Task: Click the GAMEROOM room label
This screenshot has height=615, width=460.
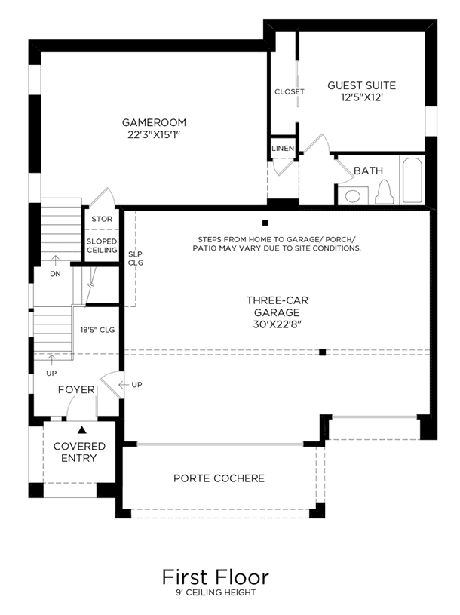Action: click(154, 122)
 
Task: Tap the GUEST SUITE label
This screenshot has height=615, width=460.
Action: click(362, 85)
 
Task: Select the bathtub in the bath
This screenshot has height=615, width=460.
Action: click(412, 180)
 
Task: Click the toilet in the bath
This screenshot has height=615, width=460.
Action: click(384, 192)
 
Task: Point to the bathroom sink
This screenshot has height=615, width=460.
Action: click(353, 195)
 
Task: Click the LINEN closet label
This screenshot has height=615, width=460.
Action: click(283, 148)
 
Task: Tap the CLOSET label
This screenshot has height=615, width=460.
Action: click(289, 91)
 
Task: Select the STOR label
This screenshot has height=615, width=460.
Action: click(102, 219)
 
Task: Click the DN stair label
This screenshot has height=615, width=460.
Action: click(55, 274)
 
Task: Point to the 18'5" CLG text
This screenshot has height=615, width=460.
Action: click(97, 330)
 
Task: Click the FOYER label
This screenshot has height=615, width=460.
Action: click(76, 389)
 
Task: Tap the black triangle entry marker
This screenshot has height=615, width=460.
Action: click(81, 430)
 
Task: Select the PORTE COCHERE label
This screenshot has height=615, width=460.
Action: click(219, 478)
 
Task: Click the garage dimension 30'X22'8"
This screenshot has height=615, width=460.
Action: click(277, 324)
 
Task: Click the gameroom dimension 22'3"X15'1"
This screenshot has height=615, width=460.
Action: click(154, 134)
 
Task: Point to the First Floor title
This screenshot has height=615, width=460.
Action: click(216, 577)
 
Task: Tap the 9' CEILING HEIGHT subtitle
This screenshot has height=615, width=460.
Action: click(216, 592)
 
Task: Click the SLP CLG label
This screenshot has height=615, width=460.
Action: click(136, 259)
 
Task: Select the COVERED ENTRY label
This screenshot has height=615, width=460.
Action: click(79, 452)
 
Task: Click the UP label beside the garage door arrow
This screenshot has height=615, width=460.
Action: click(136, 385)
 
